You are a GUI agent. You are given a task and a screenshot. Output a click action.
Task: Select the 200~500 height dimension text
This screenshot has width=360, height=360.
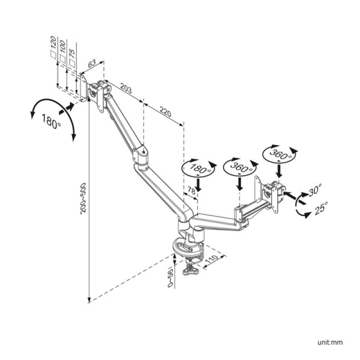coord(83,198)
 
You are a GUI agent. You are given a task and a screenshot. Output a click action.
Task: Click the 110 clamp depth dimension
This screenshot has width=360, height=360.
coord(211,261)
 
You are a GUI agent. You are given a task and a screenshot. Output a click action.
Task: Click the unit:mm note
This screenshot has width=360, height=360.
coord(331,342)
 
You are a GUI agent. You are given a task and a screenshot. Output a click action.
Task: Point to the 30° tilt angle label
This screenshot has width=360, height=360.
coord(315,190)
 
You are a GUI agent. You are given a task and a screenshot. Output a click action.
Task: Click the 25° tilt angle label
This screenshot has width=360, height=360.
coord(321,208)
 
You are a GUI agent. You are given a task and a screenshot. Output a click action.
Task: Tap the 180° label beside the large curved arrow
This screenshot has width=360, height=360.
coord(51,120)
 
